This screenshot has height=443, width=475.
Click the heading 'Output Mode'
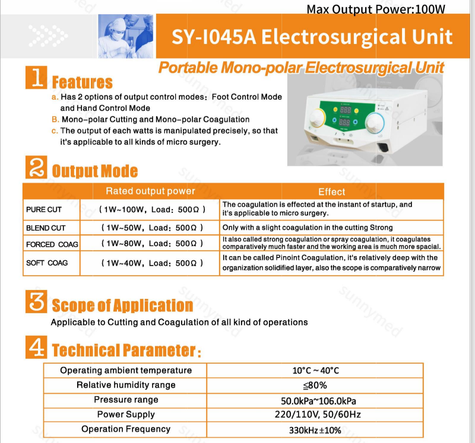coord(95,171)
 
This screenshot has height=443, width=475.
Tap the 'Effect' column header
coord(331,192)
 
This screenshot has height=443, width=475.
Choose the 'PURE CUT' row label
coord(44,209)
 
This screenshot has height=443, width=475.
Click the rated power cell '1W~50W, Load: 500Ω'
coord(153,228)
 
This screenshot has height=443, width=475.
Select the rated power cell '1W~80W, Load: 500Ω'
coord(153,244)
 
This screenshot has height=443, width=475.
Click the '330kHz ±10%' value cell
coord(315,430)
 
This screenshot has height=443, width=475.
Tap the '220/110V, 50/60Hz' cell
coord(315,415)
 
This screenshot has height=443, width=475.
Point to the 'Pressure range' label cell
coord(126,400)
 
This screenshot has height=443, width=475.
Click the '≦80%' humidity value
coord(315,385)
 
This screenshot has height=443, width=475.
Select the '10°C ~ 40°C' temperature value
coord(315,370)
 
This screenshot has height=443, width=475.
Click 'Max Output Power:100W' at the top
coord(376,9)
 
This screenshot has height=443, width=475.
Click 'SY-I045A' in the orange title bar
coord(213,37)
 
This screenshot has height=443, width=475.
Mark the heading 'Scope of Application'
coord(122,305)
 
